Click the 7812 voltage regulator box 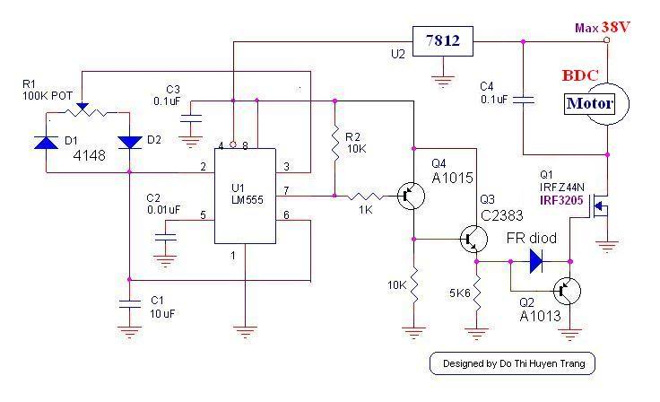tap(442, 41)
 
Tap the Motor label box tap(589, 104)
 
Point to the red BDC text tap(581, 75)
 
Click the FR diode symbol tap(535, 261)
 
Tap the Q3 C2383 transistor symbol tap(473, 239)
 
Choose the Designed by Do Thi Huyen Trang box tap(512, 363)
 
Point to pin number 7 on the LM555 tap(284, 191)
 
